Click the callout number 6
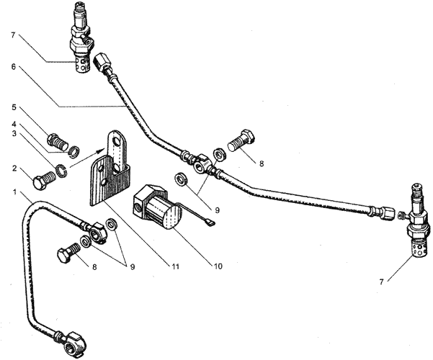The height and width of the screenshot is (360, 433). click(14, 68)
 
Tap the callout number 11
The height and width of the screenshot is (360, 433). click(175, 266)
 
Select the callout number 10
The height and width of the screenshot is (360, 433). click(218, 266)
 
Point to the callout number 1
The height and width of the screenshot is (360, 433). click(14, 192)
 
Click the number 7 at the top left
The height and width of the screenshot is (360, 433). click(14, 35)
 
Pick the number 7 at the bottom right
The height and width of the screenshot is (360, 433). click(381, 282)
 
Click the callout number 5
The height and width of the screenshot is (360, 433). click(14, 107)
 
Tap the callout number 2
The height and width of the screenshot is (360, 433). click(14, 168)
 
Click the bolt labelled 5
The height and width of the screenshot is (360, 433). click(58, 141)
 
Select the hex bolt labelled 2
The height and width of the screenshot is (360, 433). click(44, 179)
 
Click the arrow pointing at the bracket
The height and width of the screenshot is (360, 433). click(87, 158)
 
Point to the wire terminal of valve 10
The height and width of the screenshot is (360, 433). click(210, 221)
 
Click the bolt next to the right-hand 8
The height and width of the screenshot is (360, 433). click(241, 141)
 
